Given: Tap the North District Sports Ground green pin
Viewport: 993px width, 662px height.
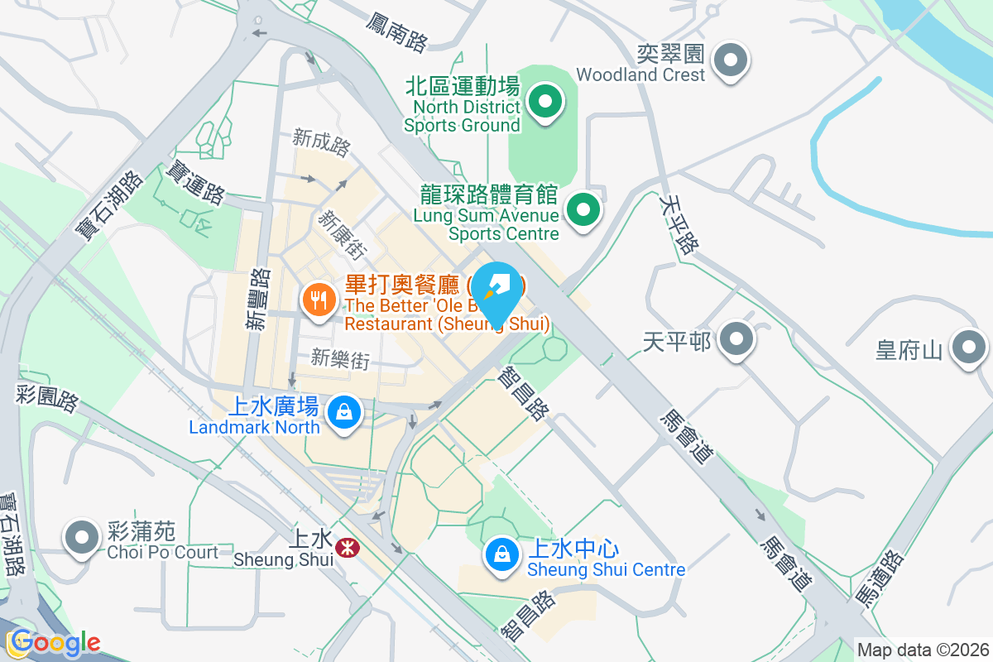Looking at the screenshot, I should [x=544, y=103].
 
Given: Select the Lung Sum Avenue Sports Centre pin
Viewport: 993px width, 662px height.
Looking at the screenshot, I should [x=584, y=209].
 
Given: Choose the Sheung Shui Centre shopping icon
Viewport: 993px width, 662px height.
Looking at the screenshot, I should [x=501, y=553].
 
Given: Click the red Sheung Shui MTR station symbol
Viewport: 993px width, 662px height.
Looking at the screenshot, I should [x=347, y=547].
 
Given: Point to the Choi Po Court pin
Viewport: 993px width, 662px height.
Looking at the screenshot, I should [x=81, y=538].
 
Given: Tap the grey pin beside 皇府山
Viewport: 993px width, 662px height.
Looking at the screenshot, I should [x=969, y=348].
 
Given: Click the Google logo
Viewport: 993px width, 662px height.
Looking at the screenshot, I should [x=55, y=642].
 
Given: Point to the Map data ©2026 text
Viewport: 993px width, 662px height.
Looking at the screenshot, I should [x=923, y=650].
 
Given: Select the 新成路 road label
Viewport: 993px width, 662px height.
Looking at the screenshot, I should [x=322, y=142].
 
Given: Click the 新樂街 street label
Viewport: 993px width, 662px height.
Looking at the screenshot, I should [x=339, y=358].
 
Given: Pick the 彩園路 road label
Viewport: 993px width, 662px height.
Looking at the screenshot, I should [x=47, y=396].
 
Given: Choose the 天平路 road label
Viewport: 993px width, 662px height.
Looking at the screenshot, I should [x=679, y=223].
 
